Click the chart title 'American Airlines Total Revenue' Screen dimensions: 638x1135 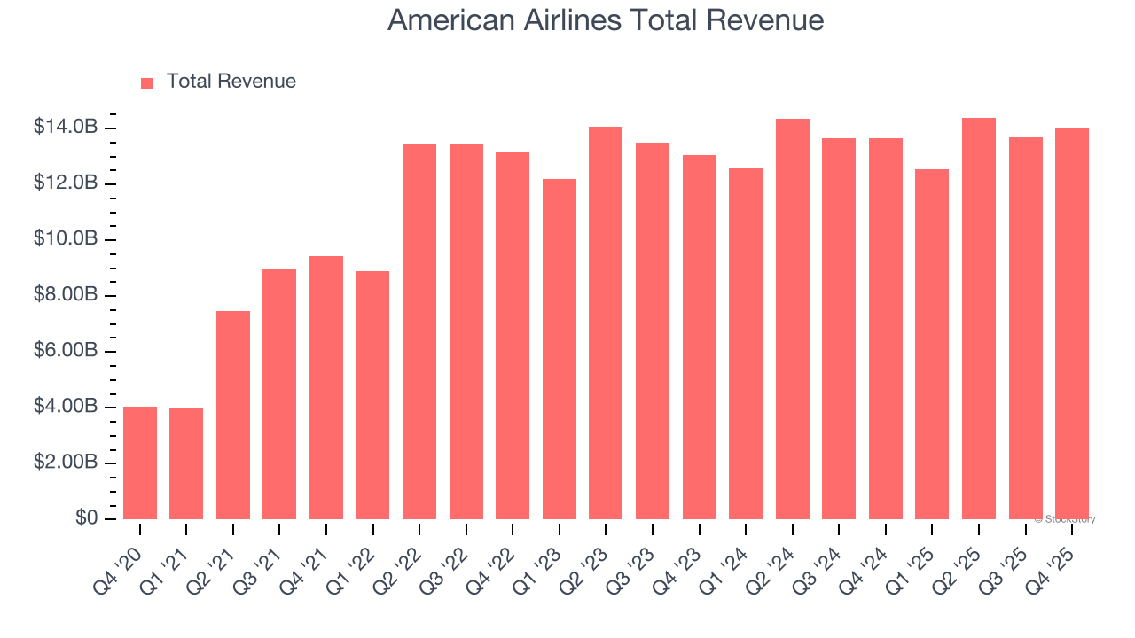606,20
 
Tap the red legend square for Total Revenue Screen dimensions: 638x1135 147,82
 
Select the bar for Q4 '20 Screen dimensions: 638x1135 140,463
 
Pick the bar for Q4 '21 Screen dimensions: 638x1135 326,387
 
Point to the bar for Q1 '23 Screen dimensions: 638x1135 560,349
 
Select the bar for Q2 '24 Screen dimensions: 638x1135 792,319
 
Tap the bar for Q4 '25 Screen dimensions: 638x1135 1072,323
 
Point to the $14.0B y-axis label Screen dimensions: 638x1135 66,128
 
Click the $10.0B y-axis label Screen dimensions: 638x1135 66,239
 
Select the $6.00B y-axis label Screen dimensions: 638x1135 66,351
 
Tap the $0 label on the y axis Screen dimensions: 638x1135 86,517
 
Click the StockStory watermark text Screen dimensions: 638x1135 1064,519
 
